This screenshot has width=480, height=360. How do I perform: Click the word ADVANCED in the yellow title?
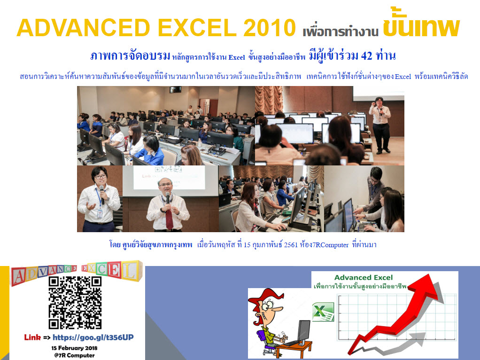[83, 28]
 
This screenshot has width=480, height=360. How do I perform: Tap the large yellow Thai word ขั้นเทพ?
[421, 24]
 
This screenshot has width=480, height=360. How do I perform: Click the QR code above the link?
[75, 302]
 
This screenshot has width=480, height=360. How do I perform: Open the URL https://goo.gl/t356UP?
[93, 337]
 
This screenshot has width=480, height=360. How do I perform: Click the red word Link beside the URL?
[32, 337]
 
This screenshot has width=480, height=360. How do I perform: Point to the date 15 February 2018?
[74, 348]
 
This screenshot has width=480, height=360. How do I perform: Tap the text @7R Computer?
[74, 355]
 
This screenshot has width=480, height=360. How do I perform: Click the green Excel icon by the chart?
[323, 312]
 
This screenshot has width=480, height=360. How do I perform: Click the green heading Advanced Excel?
[364, 278]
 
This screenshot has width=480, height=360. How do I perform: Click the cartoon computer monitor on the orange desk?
[304, 330]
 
